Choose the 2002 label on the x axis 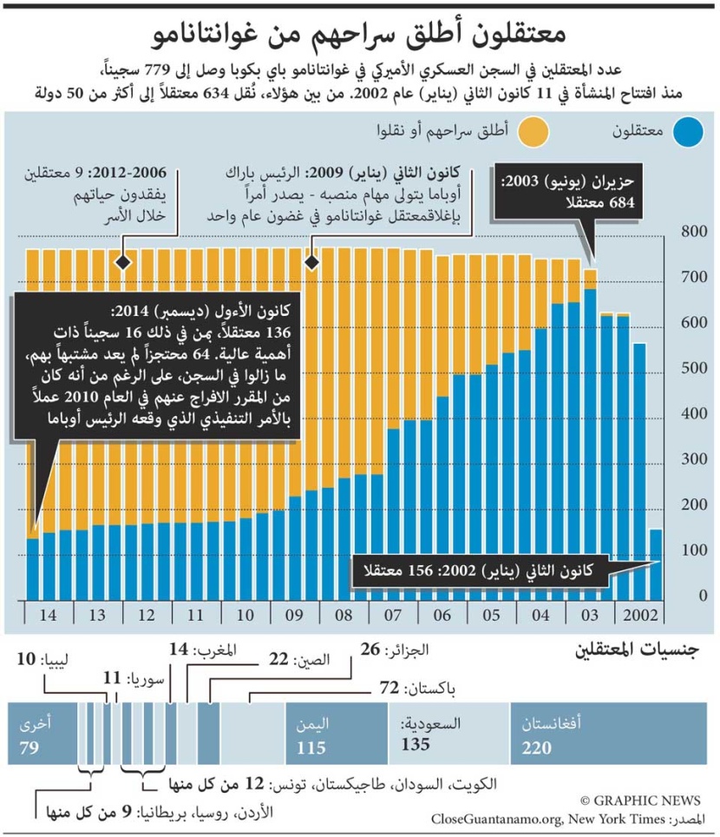[638, 615]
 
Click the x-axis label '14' [49, 615]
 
